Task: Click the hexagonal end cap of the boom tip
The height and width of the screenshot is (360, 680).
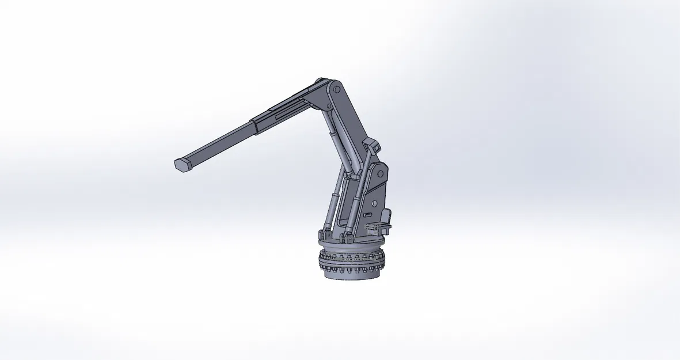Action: [182, 164]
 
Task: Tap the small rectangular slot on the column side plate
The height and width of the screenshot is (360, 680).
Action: [368, 215]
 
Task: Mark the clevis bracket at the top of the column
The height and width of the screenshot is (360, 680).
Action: [372, 147]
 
